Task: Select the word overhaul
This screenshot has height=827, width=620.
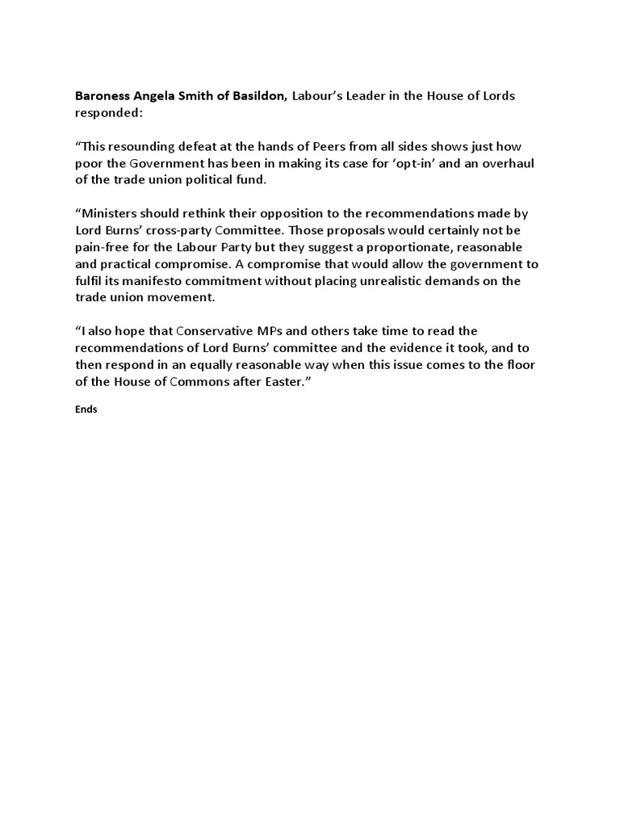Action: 511,164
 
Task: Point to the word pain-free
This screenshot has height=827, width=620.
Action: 103,246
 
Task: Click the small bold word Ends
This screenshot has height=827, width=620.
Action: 86,409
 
